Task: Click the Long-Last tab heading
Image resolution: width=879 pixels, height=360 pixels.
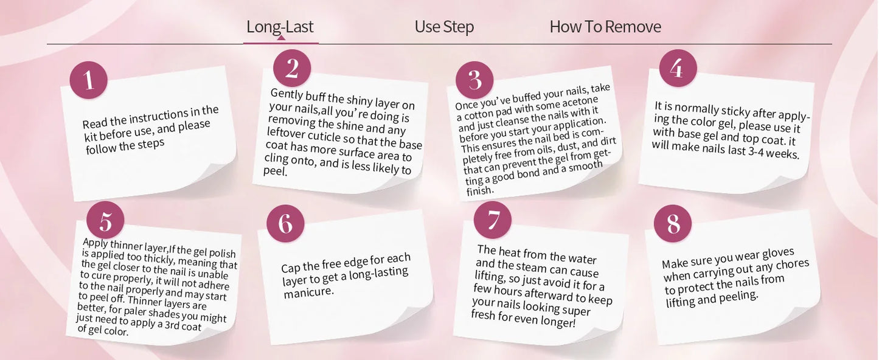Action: tap(280, 27)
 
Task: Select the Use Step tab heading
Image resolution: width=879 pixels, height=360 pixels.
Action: tap(444, 27)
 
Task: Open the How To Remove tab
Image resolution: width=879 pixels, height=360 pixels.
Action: tap(605, 27)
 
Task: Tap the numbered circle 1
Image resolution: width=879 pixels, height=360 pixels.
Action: tap(89, 80)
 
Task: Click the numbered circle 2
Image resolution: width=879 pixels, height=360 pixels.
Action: tap(292, 68)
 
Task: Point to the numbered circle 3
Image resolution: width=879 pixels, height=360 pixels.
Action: tap(474, 80)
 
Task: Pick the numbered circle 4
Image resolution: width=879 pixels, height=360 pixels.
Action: tap(678, 68)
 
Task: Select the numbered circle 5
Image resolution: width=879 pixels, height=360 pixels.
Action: tap(105, 220)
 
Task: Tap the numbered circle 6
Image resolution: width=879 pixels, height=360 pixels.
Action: tap(285, 224)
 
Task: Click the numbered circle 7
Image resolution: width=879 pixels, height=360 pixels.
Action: tap(493, 220)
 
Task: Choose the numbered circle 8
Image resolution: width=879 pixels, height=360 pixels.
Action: tap(673, 224)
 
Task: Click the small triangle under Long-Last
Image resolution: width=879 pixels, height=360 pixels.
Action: tap(280, 38)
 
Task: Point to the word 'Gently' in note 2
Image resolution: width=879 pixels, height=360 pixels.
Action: tap(287, 94)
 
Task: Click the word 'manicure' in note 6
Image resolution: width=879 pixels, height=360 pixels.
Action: tap(308, 292)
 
